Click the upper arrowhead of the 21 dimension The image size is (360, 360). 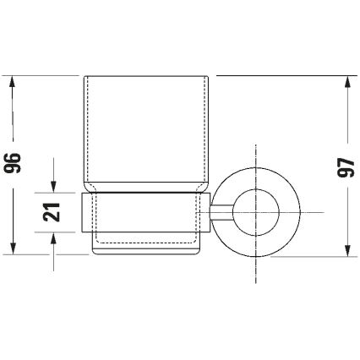tap(53, 190)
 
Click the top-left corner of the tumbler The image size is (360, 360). tap(86, 77)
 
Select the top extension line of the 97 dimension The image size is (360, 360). tap(287, 76)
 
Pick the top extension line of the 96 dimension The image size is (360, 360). tap(42, 76)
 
